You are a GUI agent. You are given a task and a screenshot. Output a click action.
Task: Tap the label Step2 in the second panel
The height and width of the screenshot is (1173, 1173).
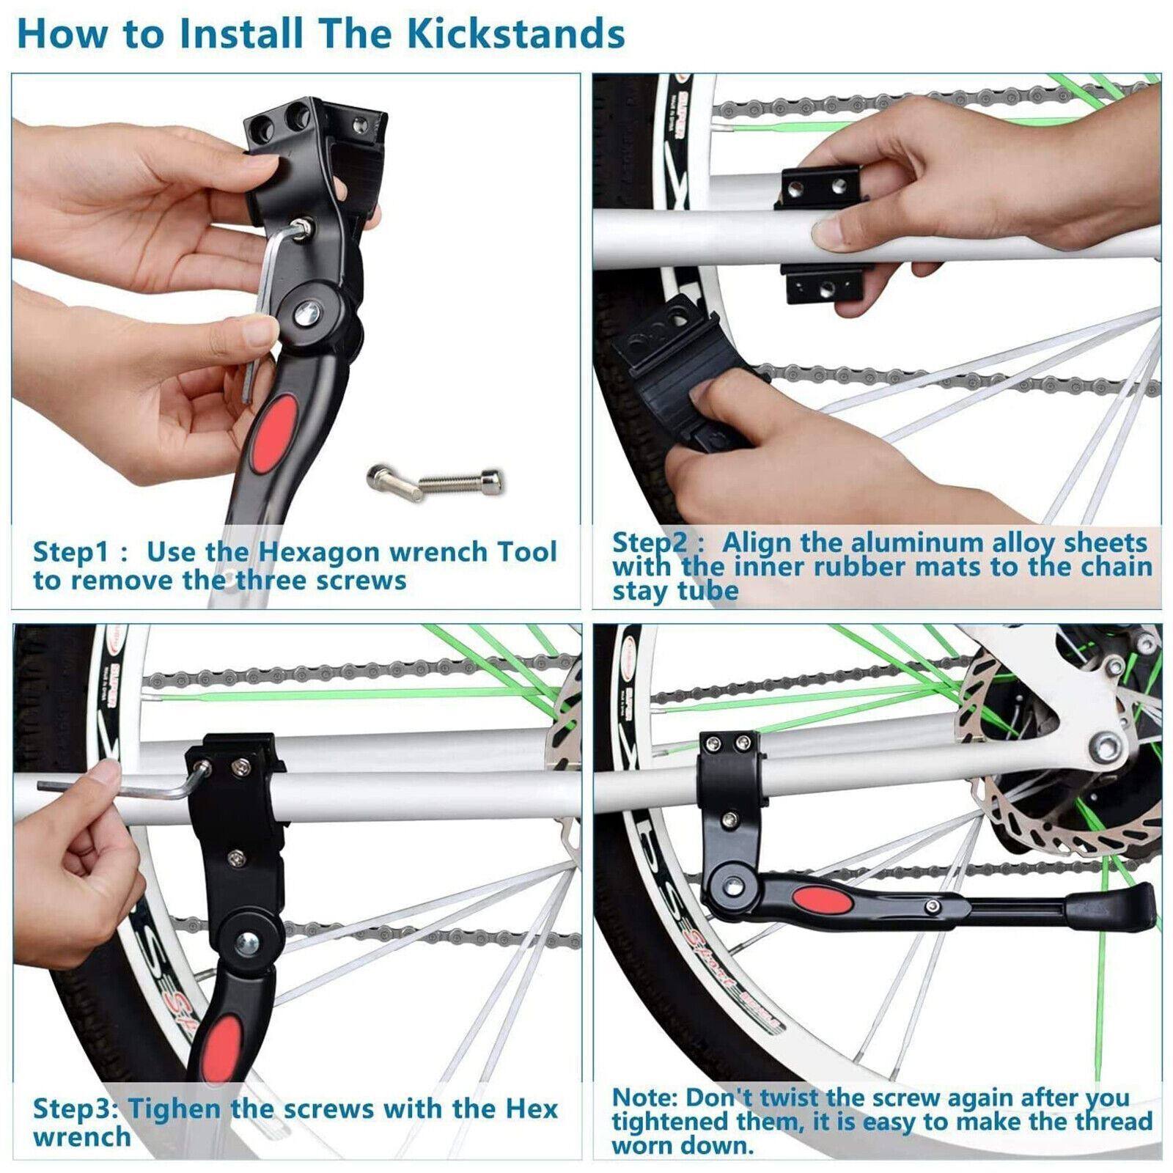pos(650,543)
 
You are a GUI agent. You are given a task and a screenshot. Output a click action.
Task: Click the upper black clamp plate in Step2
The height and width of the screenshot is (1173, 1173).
pos(820,188)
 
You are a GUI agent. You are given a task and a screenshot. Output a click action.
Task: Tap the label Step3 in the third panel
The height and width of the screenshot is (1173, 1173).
pos(75,1108)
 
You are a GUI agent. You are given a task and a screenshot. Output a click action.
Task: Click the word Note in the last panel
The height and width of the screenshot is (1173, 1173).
pos(643,1097)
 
